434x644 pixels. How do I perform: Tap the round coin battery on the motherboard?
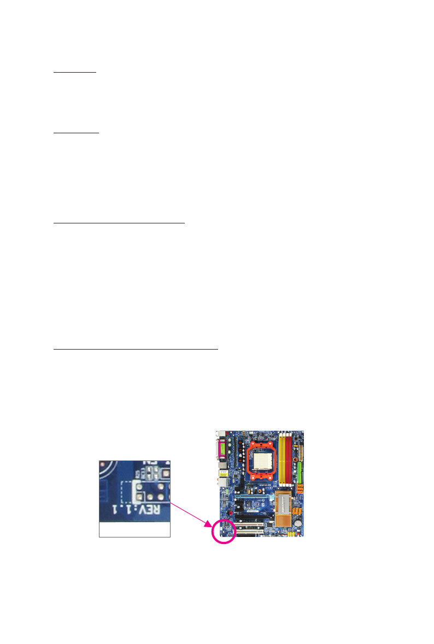click(x=298, y=522)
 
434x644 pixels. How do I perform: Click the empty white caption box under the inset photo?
click(x=134, y=529)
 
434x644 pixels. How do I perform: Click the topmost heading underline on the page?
click(x=75, y=72)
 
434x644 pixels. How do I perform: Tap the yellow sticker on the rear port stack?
click(x=222, y=483)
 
